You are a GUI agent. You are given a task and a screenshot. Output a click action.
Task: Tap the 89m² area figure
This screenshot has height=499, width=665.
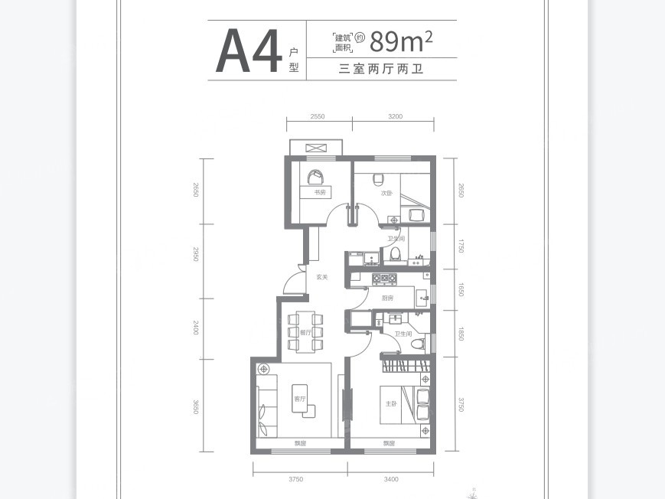tap(401, 41)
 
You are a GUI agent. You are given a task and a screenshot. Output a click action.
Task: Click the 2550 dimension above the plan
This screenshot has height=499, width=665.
tap(318, 116)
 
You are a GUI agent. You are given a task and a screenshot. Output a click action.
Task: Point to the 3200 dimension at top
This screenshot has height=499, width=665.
tap(395, 116)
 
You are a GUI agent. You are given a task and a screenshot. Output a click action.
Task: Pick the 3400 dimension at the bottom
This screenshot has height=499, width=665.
tap(391, 479)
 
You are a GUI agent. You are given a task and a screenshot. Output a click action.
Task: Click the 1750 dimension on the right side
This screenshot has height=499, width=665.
tap(461, 246)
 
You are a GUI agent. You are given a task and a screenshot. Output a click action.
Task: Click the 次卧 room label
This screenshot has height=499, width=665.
tap(387, 193)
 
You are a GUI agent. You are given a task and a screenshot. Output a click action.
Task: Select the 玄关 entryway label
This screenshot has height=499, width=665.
tap(322, 277)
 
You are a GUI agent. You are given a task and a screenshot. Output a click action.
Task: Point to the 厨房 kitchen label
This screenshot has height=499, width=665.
tap(387, 298)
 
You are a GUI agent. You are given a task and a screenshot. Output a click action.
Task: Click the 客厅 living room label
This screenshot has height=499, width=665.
tap(299, 399)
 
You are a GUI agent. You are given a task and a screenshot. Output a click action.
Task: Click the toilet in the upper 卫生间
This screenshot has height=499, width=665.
tap(395, 253)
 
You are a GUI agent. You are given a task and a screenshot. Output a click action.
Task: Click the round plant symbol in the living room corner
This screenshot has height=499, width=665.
tap(264, 370)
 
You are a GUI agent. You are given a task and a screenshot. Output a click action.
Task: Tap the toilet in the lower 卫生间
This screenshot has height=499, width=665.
tap(417, 344)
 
